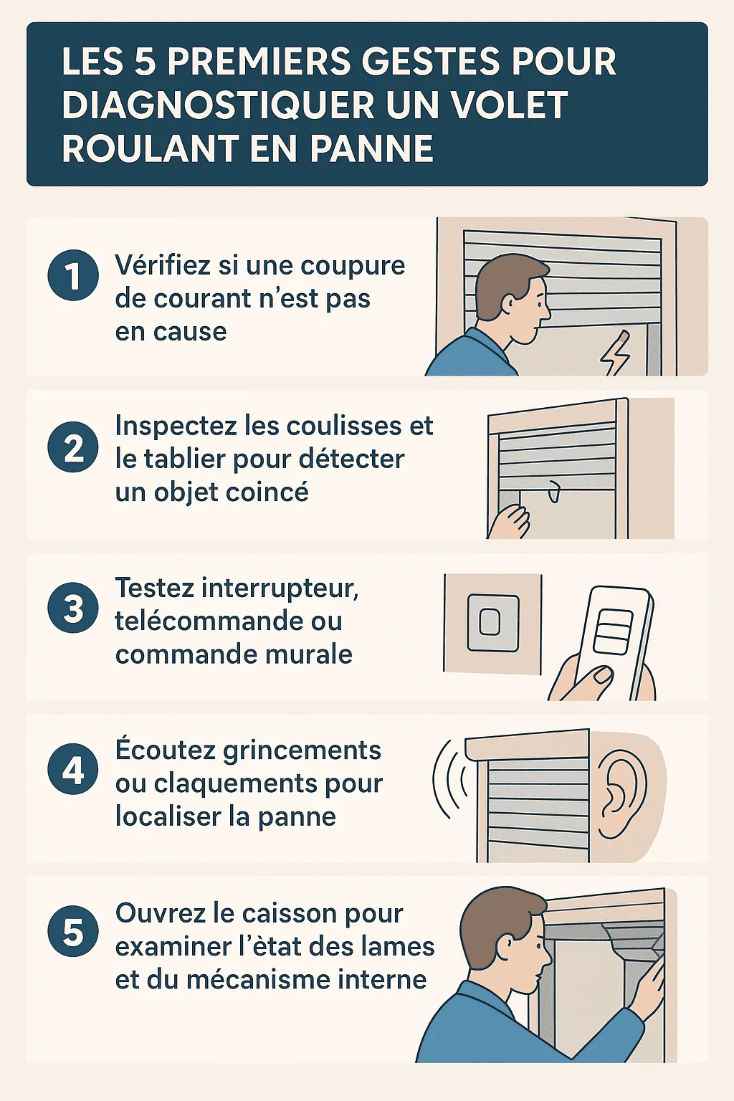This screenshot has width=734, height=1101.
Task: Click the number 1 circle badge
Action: click(x=73, y=275)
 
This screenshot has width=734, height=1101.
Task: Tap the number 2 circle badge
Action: click(x=73, y=447)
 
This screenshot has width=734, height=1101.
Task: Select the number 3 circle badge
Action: click(x=73, y=608)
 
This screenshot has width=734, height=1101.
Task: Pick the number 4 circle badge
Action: click(x=73, y=770)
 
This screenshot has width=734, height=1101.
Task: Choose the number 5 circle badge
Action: click(x=73, y=931)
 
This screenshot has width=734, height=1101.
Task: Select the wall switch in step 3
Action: click(x=492, y=623)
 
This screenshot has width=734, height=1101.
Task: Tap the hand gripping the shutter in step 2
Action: click(x=513, y=522)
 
